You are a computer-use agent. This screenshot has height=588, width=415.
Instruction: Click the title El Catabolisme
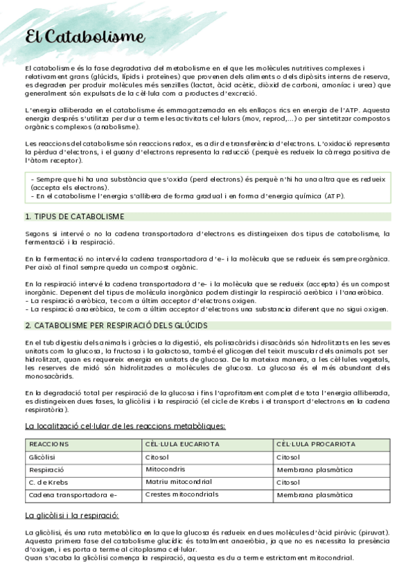(x=85, y=37)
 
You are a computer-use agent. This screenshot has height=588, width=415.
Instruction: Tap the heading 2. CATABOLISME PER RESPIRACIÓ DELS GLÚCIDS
(x=116, y=325)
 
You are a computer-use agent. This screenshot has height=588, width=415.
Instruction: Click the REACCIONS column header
(x=49, y=444)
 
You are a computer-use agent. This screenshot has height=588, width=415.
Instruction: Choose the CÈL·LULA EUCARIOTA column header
(x=182, y=444)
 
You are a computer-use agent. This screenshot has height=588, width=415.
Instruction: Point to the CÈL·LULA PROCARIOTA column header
(x=315, y=444)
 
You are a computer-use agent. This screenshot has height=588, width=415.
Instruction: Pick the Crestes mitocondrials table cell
(x=182, y=494)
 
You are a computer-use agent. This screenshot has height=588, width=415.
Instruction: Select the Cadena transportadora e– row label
(x=73, y=495)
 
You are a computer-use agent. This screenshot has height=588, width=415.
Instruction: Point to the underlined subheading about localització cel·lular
(x=125, y=426)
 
